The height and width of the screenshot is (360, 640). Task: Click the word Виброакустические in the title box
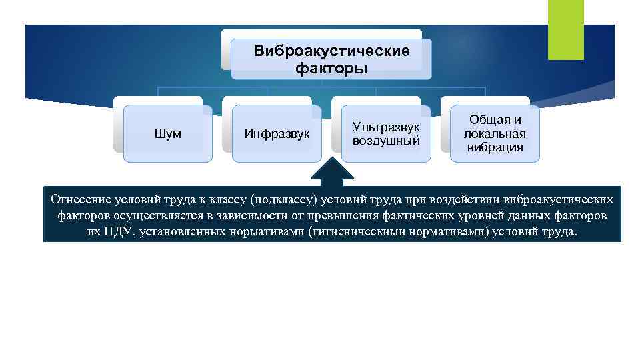click(331, 51)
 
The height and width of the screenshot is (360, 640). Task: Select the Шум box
click(168, 134)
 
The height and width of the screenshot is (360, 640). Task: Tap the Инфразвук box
click(277, 134)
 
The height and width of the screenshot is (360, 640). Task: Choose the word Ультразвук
click(386, 126)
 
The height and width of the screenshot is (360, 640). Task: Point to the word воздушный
click(386, 141)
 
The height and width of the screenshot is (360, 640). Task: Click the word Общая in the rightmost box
click(495, 120)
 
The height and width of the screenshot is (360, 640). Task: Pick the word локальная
click(495, 134)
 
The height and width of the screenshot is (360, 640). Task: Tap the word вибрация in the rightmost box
click(495, 147)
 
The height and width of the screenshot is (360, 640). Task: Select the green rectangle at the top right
click(565, 29)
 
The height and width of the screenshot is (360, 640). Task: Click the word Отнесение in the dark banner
click(79, 200)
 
